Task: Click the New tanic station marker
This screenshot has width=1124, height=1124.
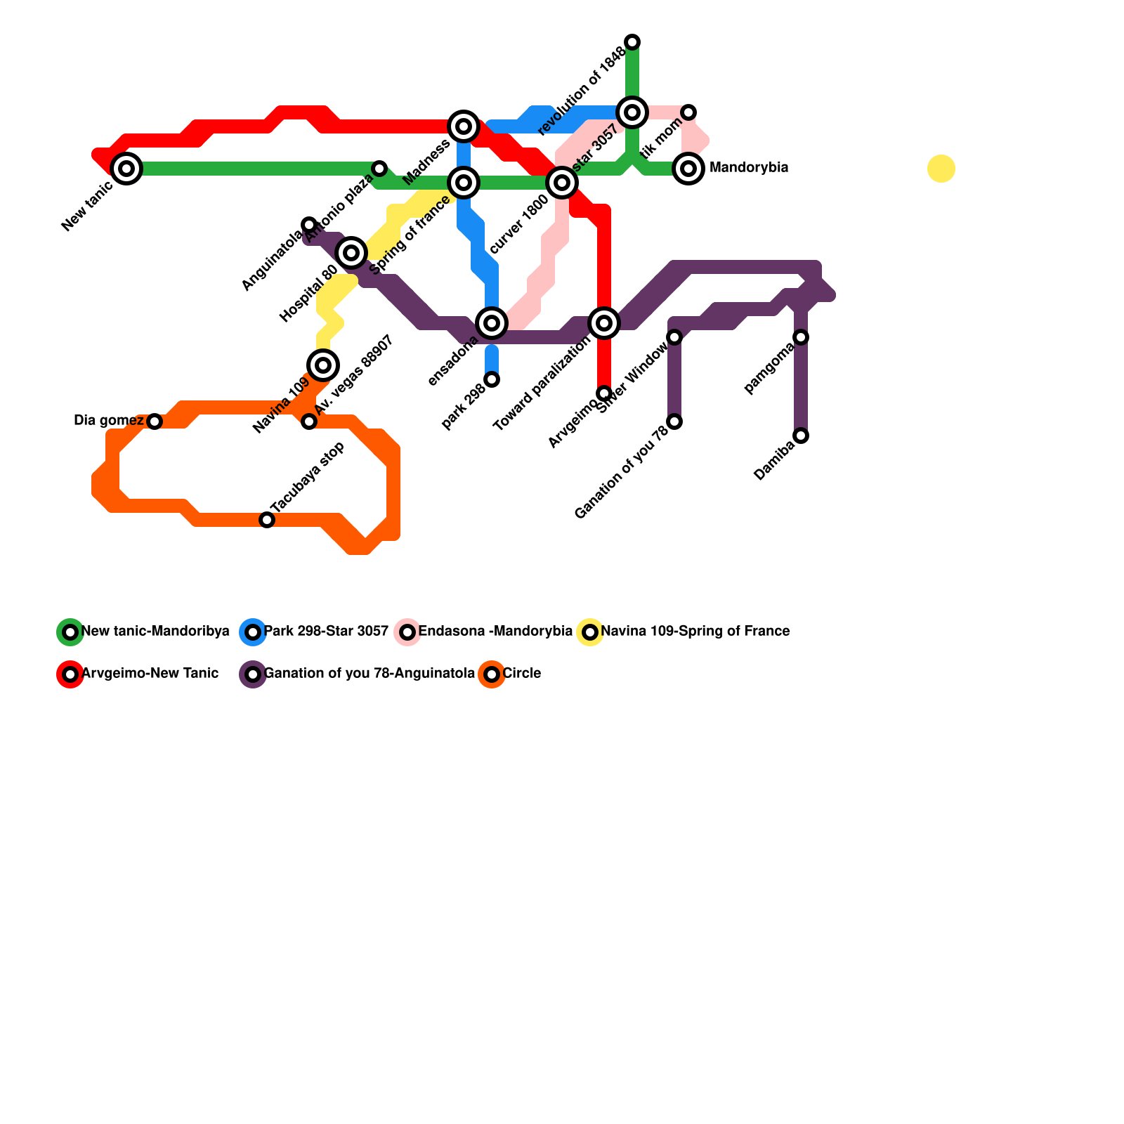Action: [x=126, y=169]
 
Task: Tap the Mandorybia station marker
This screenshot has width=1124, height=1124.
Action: [x=688, y=169]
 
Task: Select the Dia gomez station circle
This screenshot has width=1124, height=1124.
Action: [x=155, y=421]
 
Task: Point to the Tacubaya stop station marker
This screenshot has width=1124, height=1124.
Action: [x=267, y=520]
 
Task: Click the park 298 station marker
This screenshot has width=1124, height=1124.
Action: [x=492, y=379]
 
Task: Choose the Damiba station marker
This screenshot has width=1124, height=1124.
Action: [x=801, y=436]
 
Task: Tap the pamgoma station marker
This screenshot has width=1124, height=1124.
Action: [x=801, y=337]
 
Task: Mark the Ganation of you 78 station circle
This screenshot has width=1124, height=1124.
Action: [x=674, y=421]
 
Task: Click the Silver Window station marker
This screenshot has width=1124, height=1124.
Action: [x=674, y=337]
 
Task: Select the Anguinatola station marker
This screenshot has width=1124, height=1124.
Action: [x=309, y=225]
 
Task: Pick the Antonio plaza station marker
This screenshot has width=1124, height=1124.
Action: [x=379, y=169]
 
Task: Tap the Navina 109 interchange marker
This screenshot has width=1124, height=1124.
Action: [x=323, y=365]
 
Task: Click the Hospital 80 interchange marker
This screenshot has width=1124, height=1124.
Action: [x=351, y=253]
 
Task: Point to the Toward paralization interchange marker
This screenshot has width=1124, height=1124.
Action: [x=604, y=323]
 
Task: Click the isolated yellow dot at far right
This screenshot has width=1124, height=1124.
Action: [x=941, y=169]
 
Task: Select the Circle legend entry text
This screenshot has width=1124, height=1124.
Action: [x=521, y=674]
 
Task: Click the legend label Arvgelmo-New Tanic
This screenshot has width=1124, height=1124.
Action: [x=150, y=674]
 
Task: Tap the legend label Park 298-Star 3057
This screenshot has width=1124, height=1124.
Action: [x=326, y=632]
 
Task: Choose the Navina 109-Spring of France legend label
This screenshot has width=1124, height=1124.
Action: [x=695, y=632]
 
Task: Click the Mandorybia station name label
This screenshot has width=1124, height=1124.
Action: [x=749, y=168]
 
